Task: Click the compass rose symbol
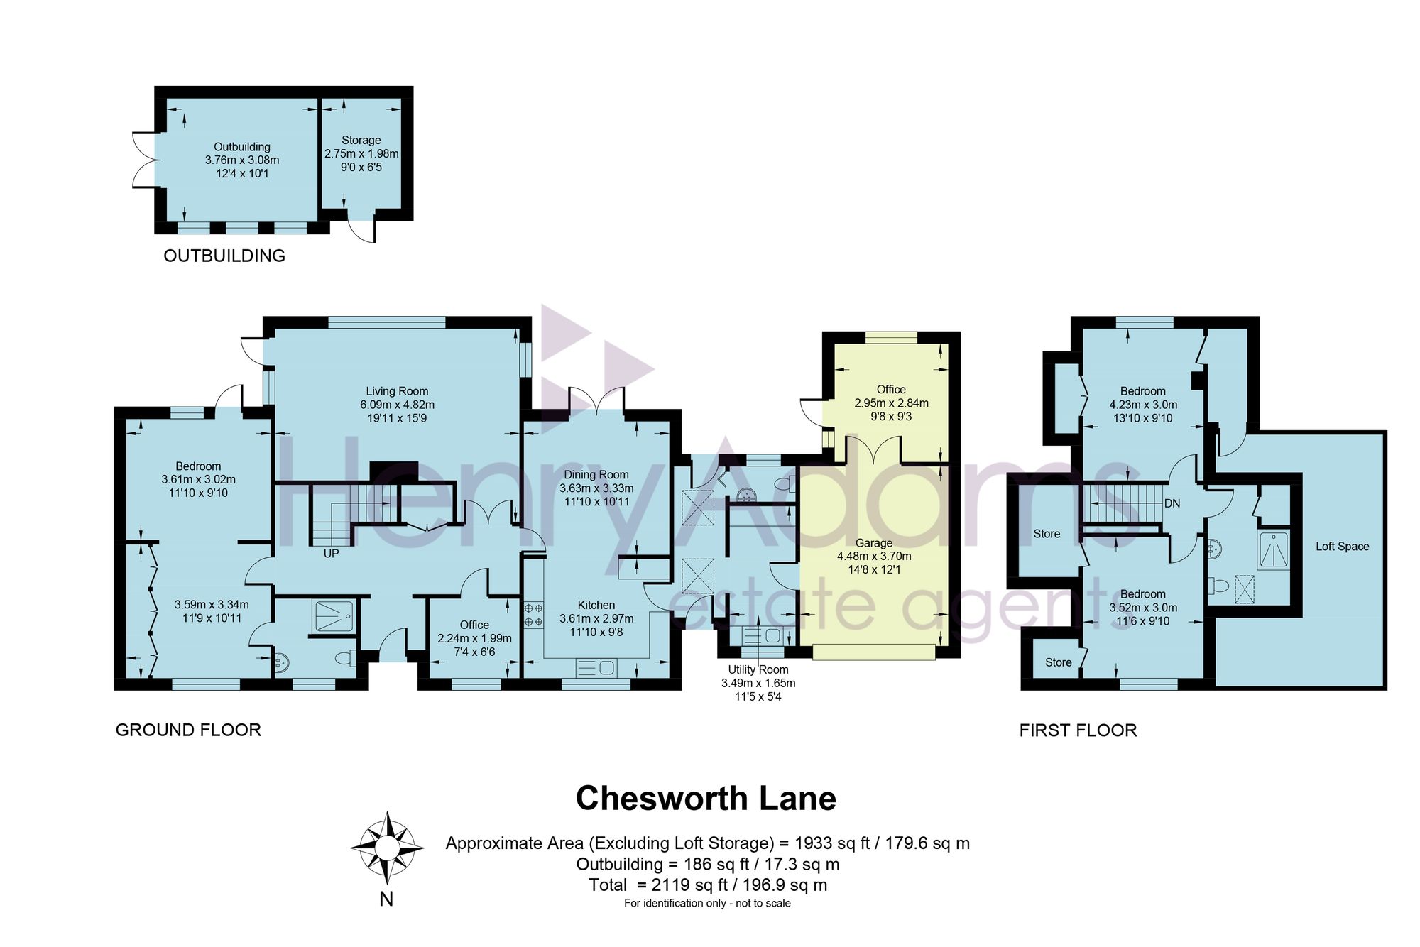point(387,847)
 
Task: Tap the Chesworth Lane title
point(706,799)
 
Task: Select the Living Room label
point(397,391)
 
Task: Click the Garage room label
point(874,543)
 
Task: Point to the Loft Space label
point(1342,547)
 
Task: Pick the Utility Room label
point(758,669)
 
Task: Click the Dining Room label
point(596,475)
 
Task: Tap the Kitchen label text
point(596,605)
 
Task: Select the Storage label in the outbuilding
point(361,141)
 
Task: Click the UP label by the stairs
point(331,554)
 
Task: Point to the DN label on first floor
point(1172,503)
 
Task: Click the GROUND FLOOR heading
point(188,730)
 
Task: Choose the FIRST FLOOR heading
point(1078,730)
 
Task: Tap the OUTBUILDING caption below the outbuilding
point(224,256)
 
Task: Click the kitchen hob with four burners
point(533,615)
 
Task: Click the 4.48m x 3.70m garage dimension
point(874,557)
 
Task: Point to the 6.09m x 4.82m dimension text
point(397,405)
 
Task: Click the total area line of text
point(708,885)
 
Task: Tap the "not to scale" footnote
point(763,903)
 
